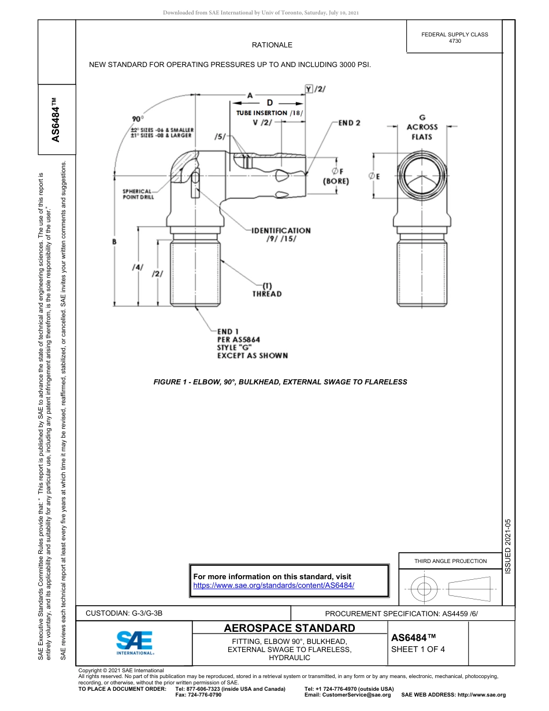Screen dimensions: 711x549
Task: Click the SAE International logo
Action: coord(135,642)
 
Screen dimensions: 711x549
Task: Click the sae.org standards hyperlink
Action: coord(273,585)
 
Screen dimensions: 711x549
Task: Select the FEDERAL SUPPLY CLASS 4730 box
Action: coord(454,38)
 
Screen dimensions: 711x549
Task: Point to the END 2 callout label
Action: coord(350,123)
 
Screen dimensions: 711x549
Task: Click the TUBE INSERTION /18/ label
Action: coord(269,113)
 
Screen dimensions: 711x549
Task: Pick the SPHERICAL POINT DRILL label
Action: coord(137,194)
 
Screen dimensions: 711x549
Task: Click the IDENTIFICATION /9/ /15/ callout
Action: coord(281,235)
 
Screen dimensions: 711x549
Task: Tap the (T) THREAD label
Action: coord(267,290)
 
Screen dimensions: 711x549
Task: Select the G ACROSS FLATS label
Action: coord(422,127)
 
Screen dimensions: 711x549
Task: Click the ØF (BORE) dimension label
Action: coord(335,176)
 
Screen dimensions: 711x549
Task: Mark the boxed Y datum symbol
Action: coord(309,88)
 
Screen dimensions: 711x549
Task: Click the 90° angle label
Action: coord(137,118)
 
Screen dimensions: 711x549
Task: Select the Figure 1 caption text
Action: coord(280,382)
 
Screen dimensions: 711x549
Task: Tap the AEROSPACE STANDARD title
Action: coord(289,628)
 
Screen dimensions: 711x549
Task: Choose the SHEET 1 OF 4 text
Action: coord(418,649)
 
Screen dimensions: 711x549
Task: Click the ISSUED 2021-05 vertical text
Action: coord(508,546)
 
